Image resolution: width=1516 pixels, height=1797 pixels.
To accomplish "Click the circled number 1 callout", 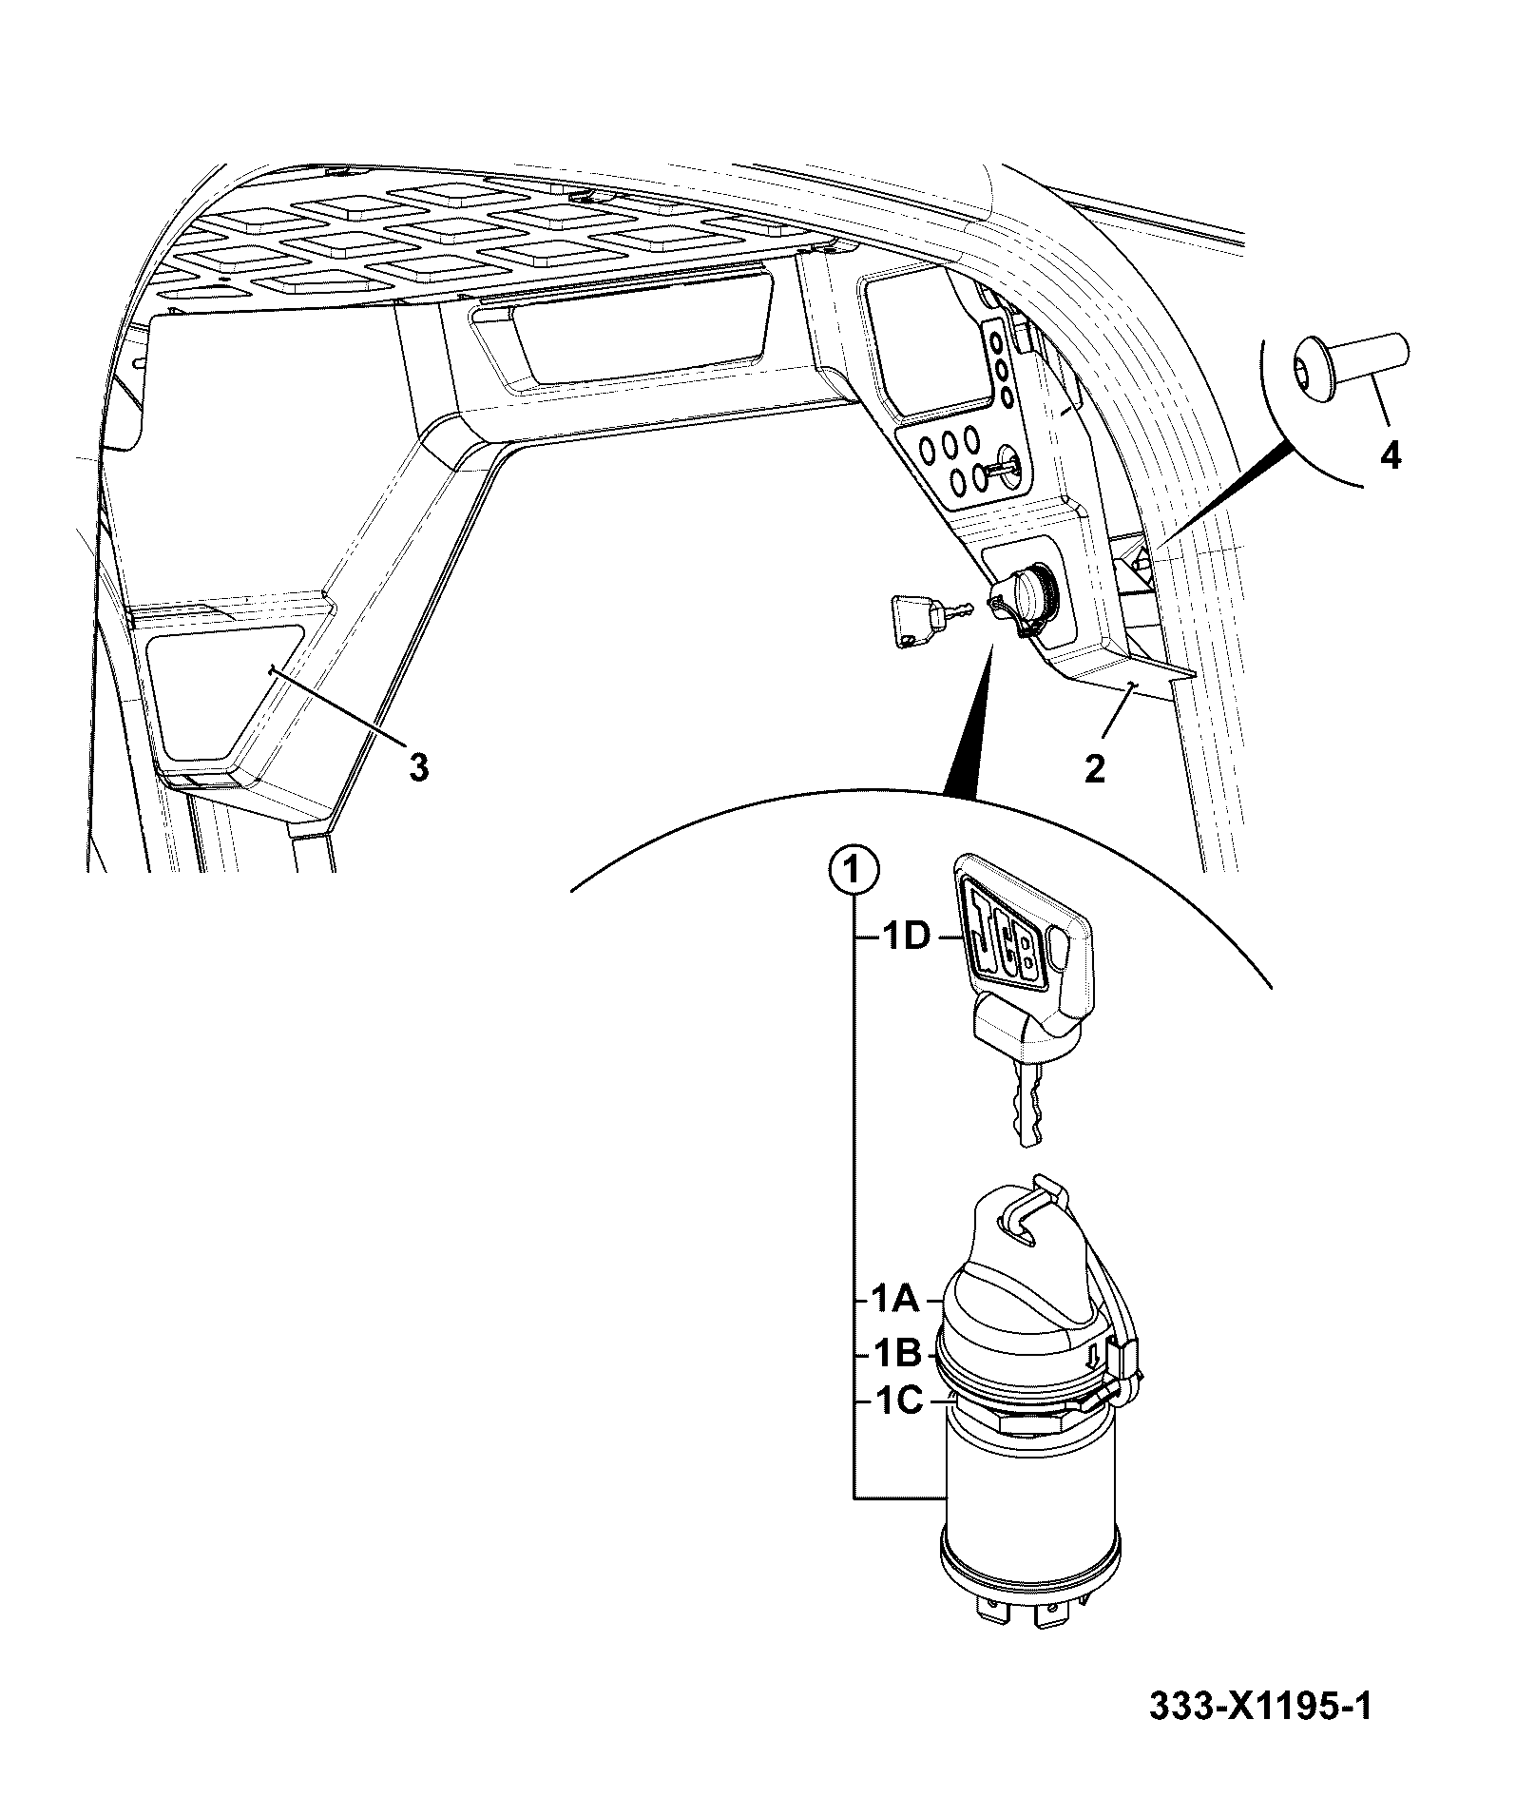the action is click(853, 869).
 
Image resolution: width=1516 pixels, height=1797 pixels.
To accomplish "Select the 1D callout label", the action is click(900, 937).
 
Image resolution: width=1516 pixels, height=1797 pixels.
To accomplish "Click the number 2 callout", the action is click(1095, 768).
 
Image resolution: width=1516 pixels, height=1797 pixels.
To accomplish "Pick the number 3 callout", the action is click(418, 766).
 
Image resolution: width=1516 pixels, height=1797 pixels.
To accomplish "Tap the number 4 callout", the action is click(1390, 456).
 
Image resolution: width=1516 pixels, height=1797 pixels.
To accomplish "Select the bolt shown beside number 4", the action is click(1350, 363).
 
